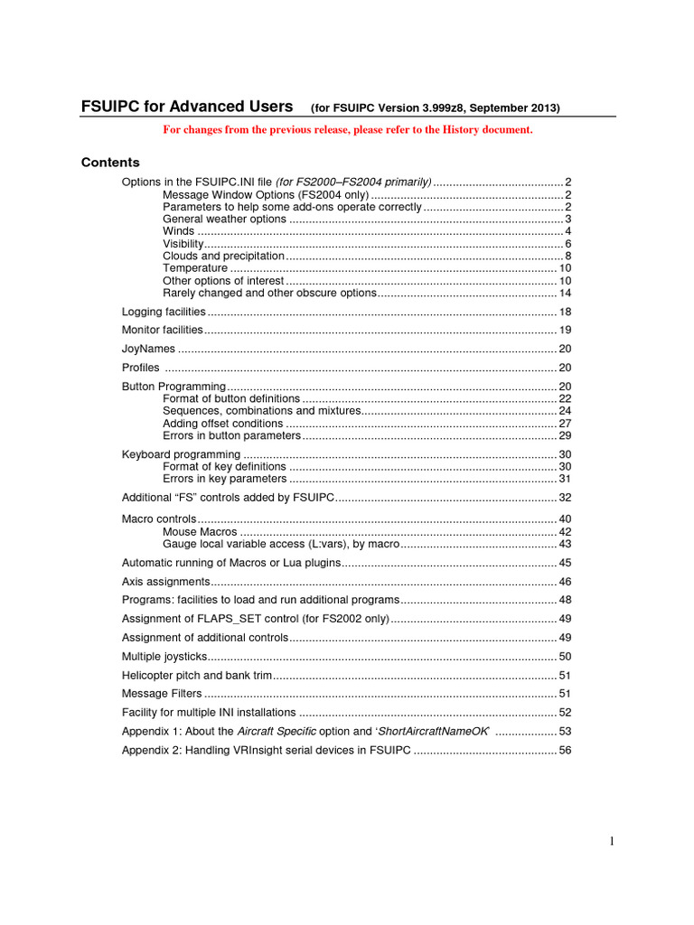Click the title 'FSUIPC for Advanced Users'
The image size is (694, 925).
pyautogui.click(x=187, y=107)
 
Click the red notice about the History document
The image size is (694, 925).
pyautogui.click(x=348, y=130)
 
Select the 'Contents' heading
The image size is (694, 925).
pyautogui.click(x=110, y=163)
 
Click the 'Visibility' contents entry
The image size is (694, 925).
pyautogui.click(x=183, y=244)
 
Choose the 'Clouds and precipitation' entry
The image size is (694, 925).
pyautogui.click(x=223, y=256)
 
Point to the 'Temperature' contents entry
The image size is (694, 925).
pyautogui.click(x=195, y=268)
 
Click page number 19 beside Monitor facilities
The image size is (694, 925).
pyautogui.click(x=565, y=330)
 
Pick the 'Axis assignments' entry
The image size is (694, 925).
pyautogui.click(x=165, y=582)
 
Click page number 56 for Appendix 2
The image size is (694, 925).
pyautogui.click(x=565, y=750)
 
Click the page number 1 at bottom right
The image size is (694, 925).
pyautogui.click(x=612, y=842)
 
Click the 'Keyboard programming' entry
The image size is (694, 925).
pyautogui.click(x=181, y=454)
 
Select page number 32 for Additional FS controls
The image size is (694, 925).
pyautogui.click(x=565, y=498)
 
